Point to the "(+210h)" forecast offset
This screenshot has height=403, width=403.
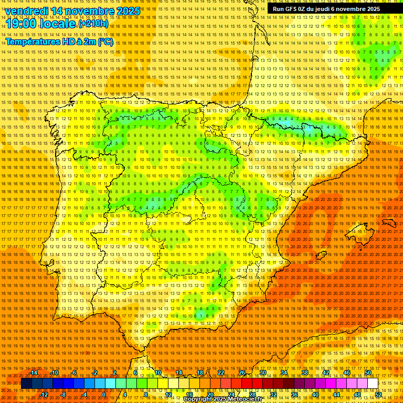click(93, 24)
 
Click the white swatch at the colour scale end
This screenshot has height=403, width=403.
click(373, 384)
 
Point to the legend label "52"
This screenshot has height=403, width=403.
click(379, 395)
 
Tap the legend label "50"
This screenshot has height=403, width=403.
click(368, 373)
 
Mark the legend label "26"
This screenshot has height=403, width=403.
click(242, 373)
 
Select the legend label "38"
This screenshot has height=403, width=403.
click(305, 373)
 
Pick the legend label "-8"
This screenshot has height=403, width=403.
click(64, 395)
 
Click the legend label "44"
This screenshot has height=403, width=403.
click(336, 395)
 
